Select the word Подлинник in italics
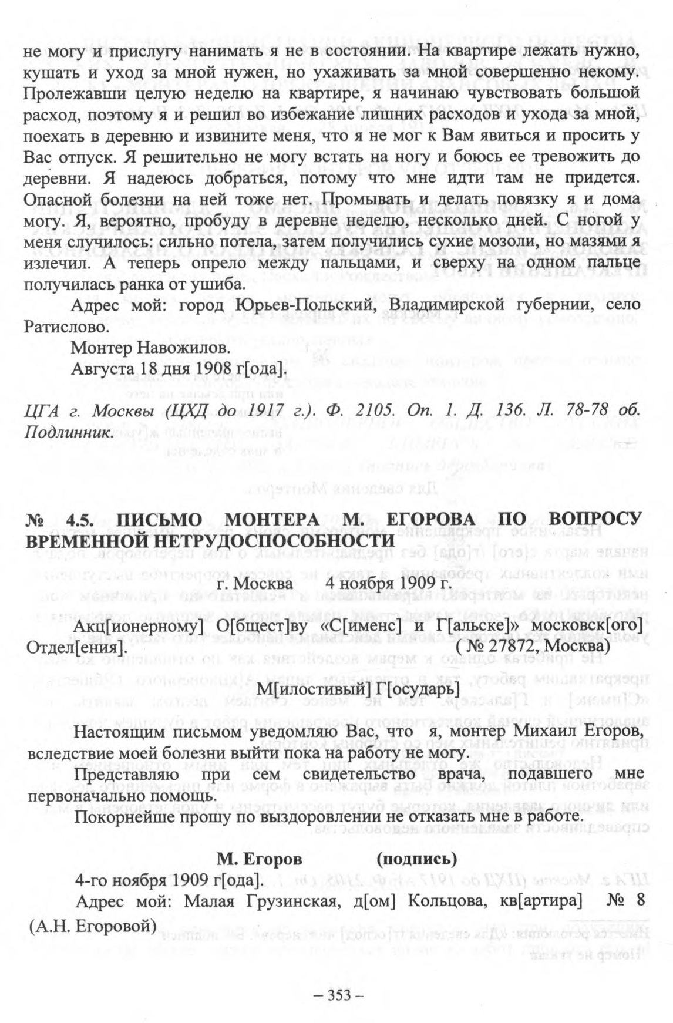tap(68, 432)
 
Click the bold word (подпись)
tap(416, 859)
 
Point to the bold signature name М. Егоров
tap(260, 859)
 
